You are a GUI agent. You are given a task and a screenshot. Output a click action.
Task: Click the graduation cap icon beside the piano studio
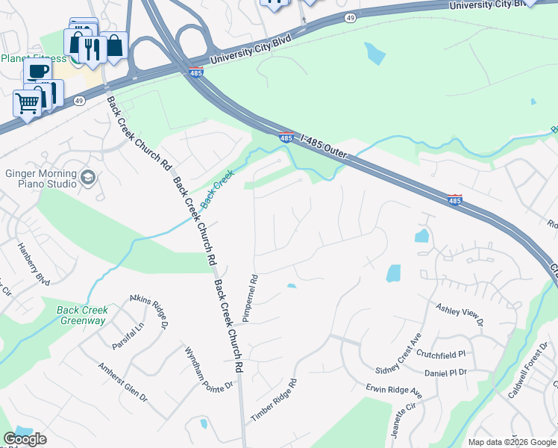coord(88,177)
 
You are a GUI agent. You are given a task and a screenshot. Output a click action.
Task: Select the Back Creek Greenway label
coord(83,315)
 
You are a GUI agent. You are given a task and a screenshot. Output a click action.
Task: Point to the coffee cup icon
coord(37,71)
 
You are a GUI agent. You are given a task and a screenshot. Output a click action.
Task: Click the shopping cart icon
coord(28,103)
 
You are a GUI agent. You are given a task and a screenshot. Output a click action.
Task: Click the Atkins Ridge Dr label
coord(149,310)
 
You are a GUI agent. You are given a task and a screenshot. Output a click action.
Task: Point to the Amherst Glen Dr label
coord(123,382)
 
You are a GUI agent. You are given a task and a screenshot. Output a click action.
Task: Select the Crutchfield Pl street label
coord(441,354)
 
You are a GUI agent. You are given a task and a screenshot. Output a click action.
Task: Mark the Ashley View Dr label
coord(460,314)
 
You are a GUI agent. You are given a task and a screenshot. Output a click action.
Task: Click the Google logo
coord(25,440)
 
